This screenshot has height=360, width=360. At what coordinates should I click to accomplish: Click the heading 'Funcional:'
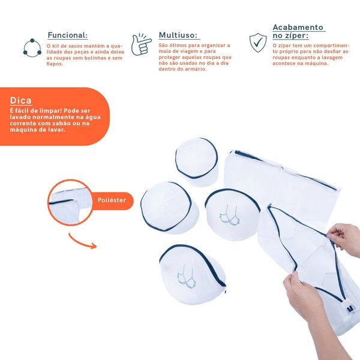[67, 35]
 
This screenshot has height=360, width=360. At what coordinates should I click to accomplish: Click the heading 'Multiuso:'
[179, 35]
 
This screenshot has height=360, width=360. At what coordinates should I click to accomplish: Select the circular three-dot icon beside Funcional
[31, 47]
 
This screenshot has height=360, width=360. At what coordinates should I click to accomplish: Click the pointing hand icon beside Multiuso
[142, 44]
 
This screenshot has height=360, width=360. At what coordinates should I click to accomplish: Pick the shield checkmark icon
[257, 43]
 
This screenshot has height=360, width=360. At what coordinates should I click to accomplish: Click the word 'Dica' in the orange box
[21, 100]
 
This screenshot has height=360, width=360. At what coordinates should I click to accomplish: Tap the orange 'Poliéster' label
[112, 200]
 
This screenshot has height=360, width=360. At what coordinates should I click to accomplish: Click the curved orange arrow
[82, 241]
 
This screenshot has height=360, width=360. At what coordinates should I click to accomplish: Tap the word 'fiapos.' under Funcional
[55, 64]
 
